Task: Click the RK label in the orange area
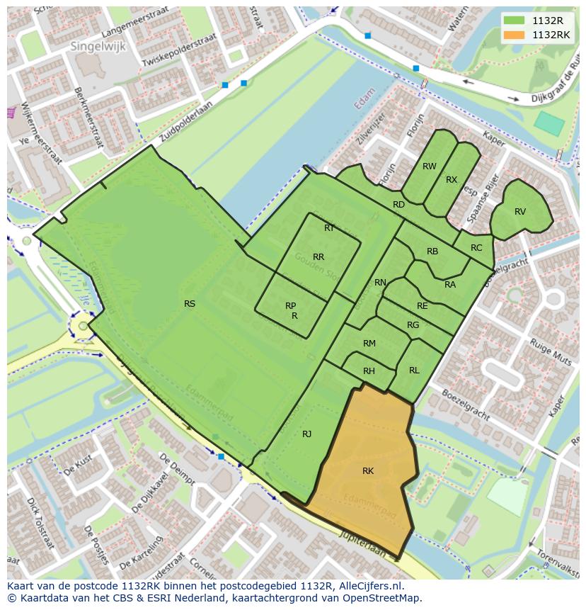(x=368, y=471)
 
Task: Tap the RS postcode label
(x=190, y=304)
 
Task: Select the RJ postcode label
(x=307, y=434)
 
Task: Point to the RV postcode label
(x=520, y=212)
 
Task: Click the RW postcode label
(x=429, y=166)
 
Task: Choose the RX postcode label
(x=452, y=180)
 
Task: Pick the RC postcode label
(x=476, y=248)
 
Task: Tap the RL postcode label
(x=414, y=371)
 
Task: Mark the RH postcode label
(x=369, y=371)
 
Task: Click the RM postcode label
(x=369, y=344)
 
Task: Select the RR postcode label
(x=318, y=257)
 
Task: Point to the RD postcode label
(x=398, y=205)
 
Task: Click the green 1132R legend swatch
(x=515, y=21)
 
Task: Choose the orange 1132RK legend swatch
(x=515, y=35)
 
